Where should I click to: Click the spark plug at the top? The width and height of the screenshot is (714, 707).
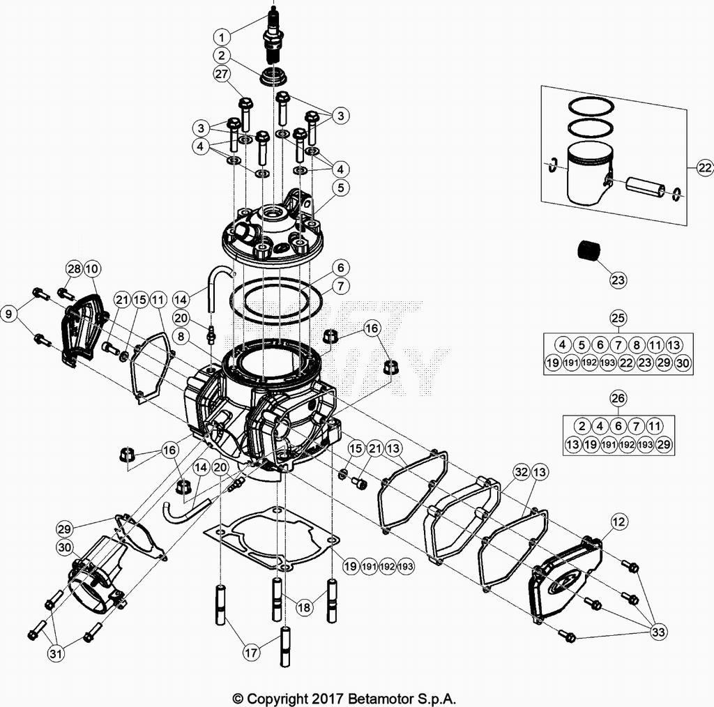(272, 35)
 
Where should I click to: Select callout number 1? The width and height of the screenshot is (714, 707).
(221, 36)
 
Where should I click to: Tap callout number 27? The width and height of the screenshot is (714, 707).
(221, 75)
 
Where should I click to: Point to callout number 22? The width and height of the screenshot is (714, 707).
(704, 167)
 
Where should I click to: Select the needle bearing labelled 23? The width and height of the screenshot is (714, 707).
(591, 250)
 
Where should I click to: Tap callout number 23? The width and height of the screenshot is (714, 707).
(617, 280)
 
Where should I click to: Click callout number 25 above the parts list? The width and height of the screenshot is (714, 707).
(618, 319)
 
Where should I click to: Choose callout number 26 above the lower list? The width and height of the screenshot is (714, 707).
(618, 398)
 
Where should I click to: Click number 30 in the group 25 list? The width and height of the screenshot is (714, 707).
(683, 363)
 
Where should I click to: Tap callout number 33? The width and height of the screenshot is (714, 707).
(658, 632)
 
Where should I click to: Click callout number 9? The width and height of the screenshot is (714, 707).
(9, 314)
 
